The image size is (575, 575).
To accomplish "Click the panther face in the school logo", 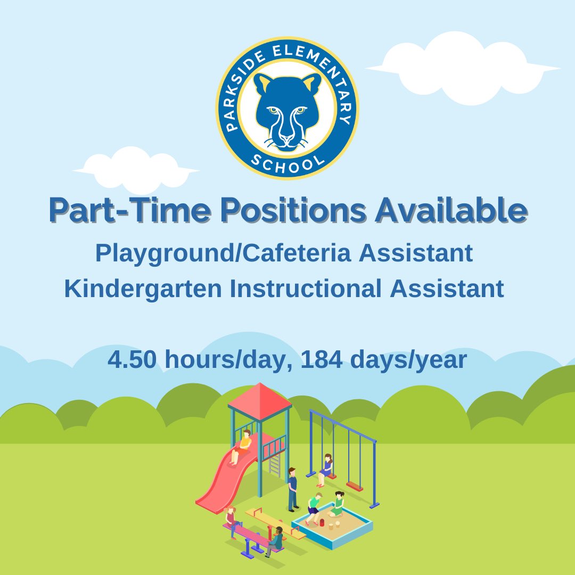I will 287,109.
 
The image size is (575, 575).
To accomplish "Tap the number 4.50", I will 132,360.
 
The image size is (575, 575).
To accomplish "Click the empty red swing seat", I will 354,486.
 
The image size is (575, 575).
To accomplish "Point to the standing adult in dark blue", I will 292,489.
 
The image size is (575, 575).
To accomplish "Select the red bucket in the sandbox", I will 322,522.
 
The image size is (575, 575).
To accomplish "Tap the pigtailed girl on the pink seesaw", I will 231,519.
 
